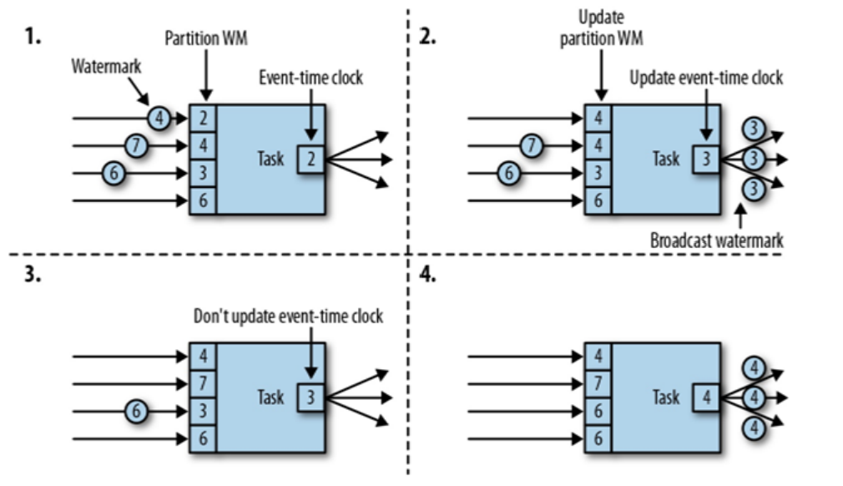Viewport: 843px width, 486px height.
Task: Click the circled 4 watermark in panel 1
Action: point(159,118)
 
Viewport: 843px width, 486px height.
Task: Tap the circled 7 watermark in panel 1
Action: point(137,145)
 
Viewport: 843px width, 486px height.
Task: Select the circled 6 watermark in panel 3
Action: point(137,412)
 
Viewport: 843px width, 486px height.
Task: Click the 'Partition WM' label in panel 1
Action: point(206,38)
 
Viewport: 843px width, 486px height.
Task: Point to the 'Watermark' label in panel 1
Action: point(107,67)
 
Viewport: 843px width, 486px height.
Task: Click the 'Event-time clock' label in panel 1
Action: point(310,78)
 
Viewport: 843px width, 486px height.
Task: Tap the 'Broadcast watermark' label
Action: point(717,240)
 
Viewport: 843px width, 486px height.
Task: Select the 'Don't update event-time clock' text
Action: point(289,316)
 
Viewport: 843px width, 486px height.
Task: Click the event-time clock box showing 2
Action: point(310,159)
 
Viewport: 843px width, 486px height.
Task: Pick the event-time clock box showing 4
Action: point(706,397)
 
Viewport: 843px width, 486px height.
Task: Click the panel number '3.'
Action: point(33,275)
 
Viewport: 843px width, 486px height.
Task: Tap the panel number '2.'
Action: point(427,37)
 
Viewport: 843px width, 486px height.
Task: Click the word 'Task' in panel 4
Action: point(666,397)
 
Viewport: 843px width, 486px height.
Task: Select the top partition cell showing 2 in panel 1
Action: point(203,119)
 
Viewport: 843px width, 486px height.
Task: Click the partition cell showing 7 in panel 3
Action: point(203,384)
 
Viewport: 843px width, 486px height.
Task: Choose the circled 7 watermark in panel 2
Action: point(532,145)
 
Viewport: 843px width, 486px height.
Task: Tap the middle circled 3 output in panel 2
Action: point(754,159)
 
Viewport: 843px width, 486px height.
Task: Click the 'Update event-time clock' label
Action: point(706,78)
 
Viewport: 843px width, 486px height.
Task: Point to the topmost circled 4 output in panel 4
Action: point(754,368)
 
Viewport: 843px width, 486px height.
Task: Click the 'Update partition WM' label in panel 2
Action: point(601,28)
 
